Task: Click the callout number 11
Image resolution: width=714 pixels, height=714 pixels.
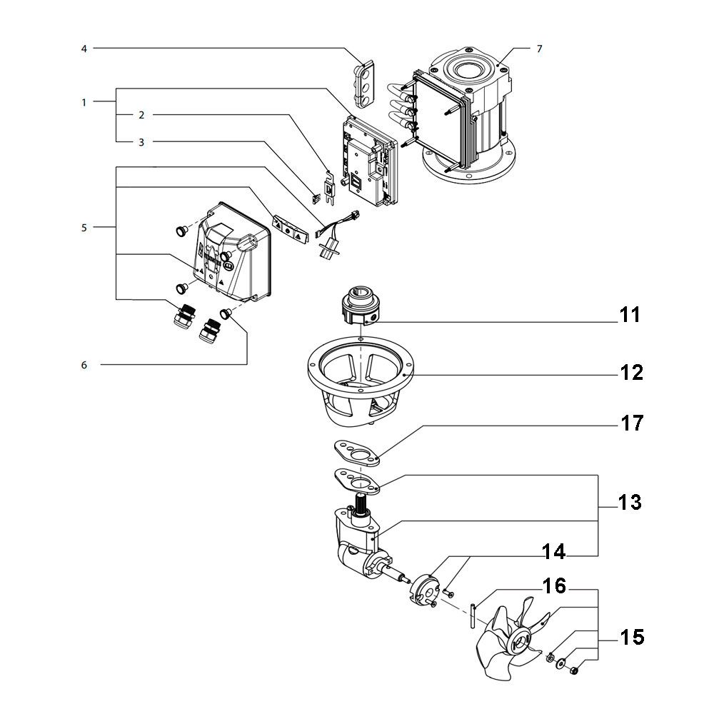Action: (x=630, y=315)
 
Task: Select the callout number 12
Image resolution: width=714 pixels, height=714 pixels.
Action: (x=631, y=372)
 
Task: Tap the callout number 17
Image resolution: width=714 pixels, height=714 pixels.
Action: (x=631, y=424)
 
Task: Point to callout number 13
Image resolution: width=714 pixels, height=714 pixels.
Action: (x=630, y=503)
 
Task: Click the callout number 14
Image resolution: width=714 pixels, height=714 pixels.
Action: (x=554, y=552)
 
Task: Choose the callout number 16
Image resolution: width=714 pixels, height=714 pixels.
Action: (x=555, y=587)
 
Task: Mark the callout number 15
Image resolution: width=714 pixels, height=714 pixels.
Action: (x=631, y=637)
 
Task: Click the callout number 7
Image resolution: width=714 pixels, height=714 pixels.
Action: (x=539, y=49)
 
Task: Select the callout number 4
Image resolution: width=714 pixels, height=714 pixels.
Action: (x=84, y=49)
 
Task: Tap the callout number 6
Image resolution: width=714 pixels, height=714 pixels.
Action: (x=84, y=365)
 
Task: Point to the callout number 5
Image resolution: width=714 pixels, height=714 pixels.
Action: (x=84, y=228)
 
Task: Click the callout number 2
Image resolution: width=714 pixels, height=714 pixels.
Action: (x=141, y=114)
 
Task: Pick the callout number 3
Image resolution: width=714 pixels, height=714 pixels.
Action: (x=141, y=142)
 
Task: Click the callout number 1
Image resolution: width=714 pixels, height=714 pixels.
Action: (x=84, y=102)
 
